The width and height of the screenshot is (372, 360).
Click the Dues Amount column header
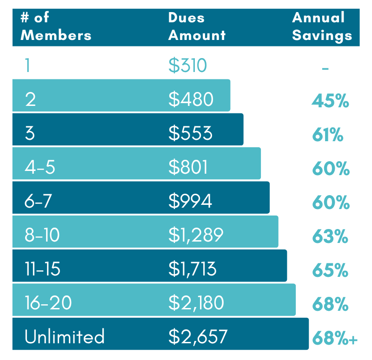(197, 26)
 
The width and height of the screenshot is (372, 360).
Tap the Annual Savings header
(322, 26)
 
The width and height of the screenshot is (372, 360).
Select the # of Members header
(56, 26)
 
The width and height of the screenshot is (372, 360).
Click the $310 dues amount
(187, 65)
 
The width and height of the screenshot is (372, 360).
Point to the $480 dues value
(191, 99)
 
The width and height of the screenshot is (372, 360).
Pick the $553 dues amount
(190, 133)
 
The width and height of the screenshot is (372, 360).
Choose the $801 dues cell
(188, 167)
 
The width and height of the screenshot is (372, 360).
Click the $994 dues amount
(190, 201)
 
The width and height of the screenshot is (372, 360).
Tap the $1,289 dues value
(196, 235)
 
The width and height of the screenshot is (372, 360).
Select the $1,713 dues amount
(193, 269)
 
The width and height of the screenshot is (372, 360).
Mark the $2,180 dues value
(196, 303)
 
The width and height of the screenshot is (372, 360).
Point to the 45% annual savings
(330, 101)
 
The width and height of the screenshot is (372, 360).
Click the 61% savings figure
(327, 135)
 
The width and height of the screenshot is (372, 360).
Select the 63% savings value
(330, 237)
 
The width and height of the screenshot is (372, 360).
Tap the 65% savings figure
(330, 271)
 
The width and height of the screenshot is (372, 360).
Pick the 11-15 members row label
(42, 269)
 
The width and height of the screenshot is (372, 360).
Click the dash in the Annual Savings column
(325, 68)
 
